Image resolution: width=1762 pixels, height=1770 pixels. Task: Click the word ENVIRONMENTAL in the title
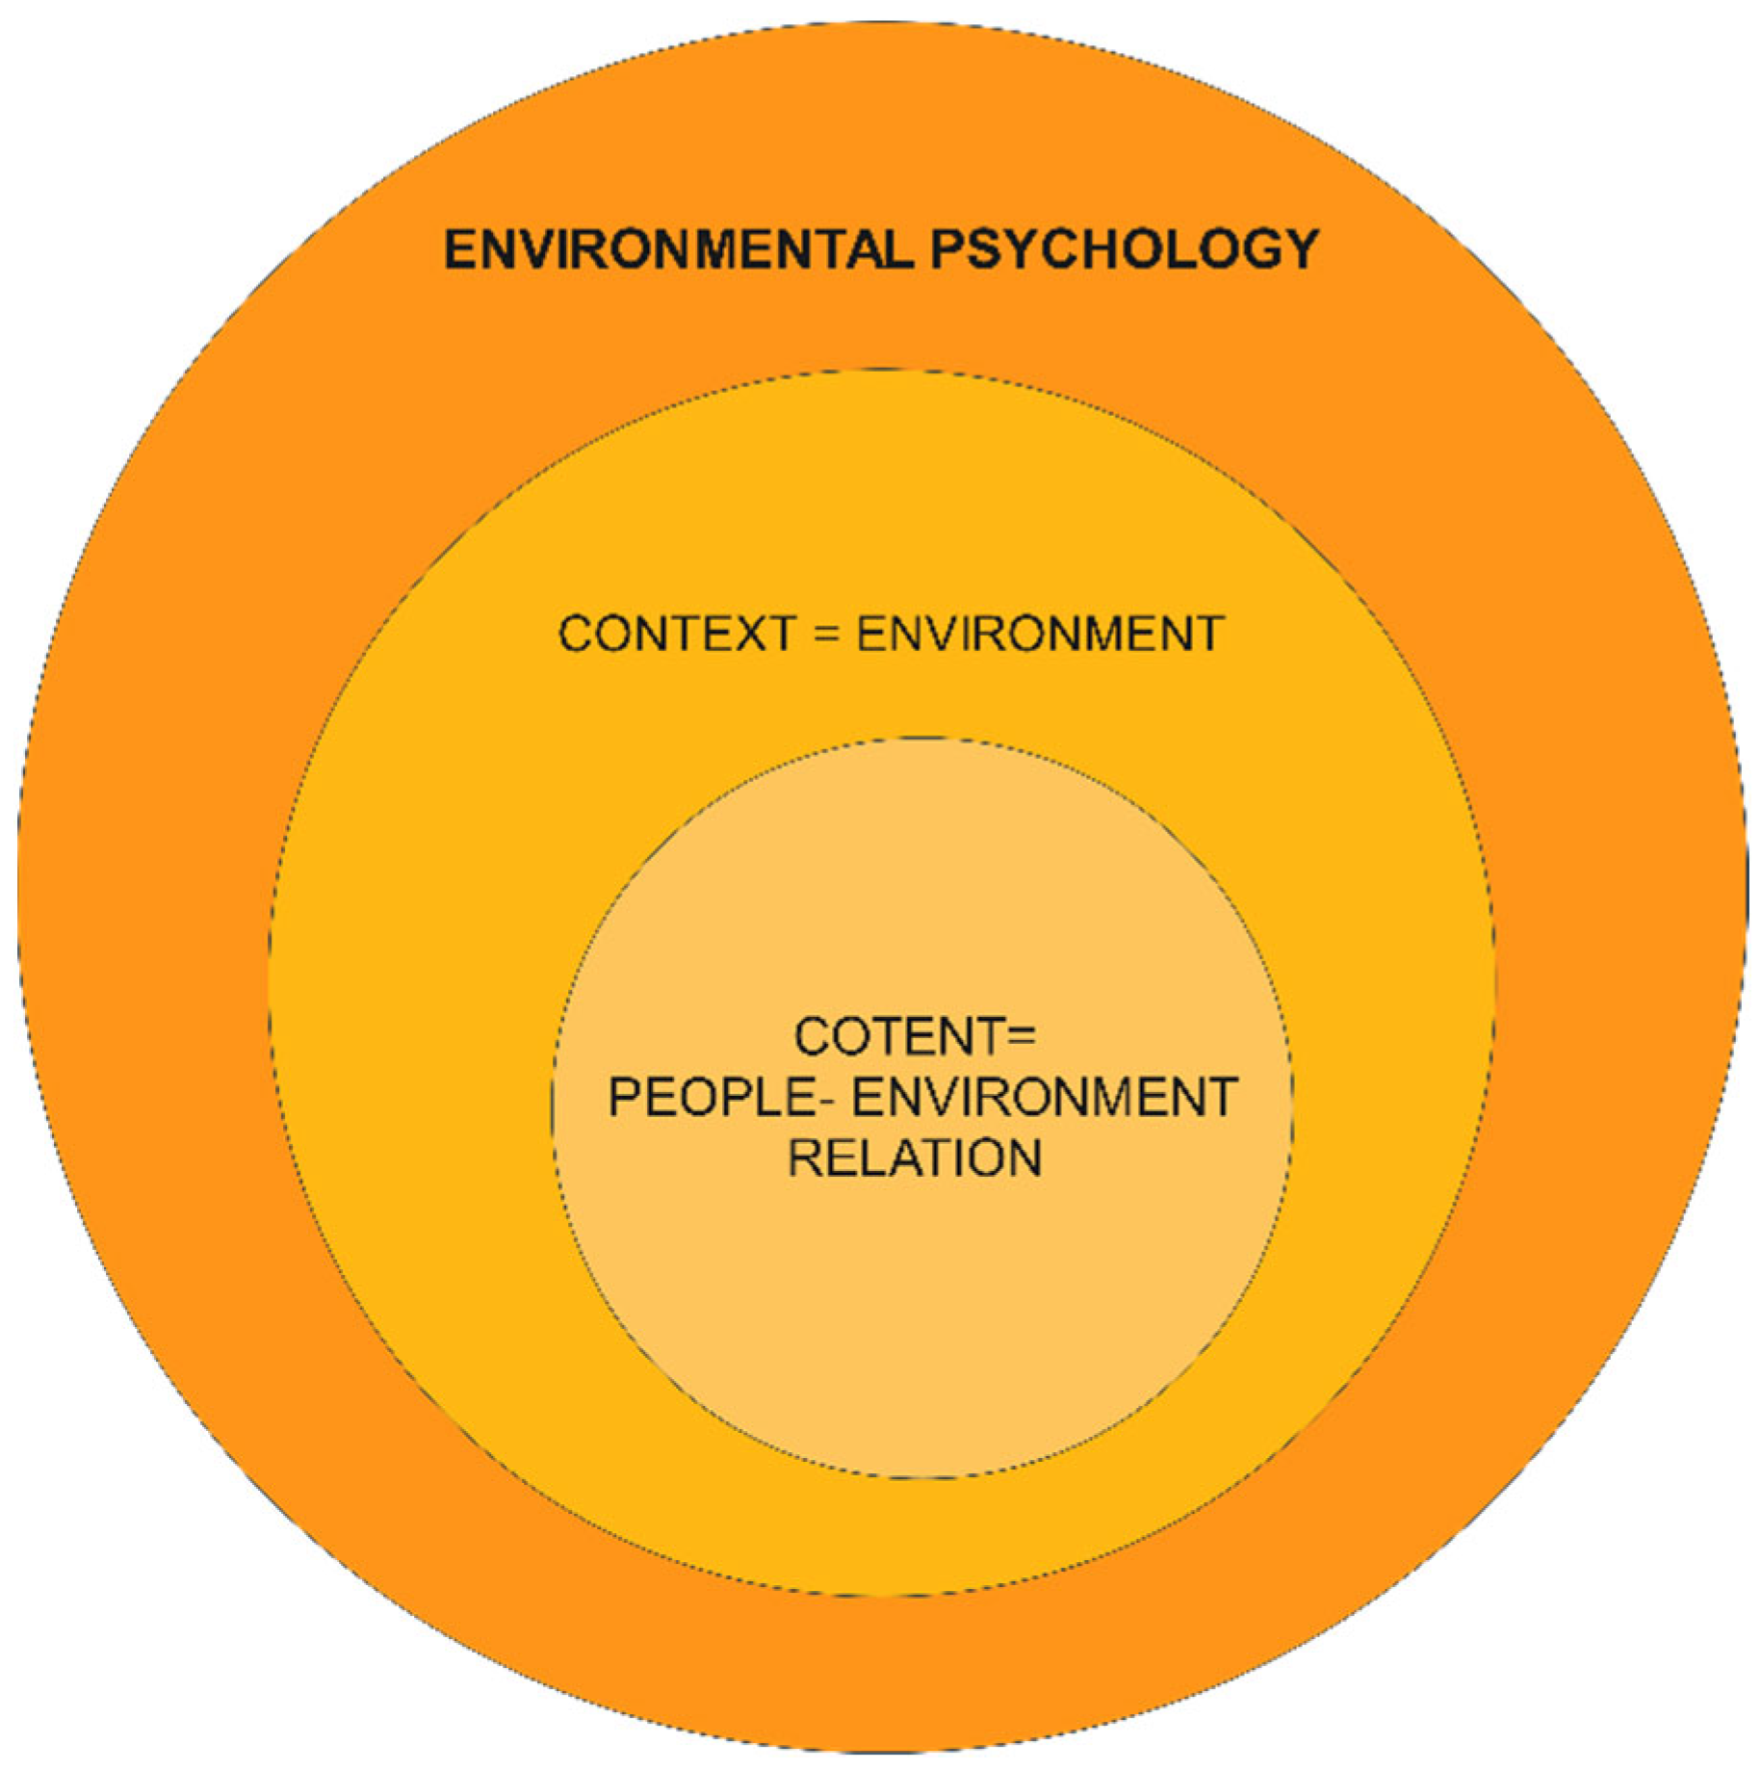coord(677,250)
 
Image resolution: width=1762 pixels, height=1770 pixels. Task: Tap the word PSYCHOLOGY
coord(1124,250)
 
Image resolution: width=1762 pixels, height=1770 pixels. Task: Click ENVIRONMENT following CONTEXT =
coord(1040,635)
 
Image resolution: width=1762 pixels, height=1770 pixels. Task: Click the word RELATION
coord(915,1158)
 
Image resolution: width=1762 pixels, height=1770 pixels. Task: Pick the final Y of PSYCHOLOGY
coord(1300,250)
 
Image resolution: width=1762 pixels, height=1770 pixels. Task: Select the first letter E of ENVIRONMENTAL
coord(461,250)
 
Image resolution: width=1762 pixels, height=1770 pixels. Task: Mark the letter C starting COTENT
coord(813,1036)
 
